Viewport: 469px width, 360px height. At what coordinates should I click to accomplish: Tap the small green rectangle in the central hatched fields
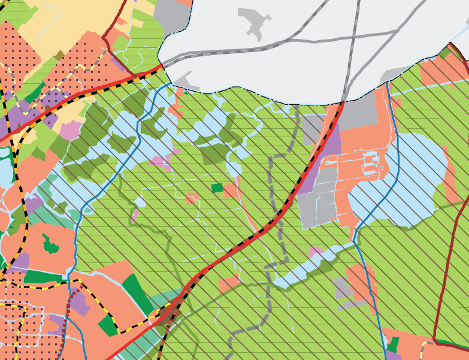pyautogui.click(x=217, y=187)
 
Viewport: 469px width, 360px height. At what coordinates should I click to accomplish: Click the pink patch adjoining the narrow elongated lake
pyautogui.click(x=314, y=252)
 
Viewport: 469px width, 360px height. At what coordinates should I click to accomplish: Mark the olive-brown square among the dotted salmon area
pyautogui.click(x=58, y=56)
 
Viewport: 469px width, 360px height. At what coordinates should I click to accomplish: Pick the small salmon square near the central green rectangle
pyautogui.click(x=192, y=198)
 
